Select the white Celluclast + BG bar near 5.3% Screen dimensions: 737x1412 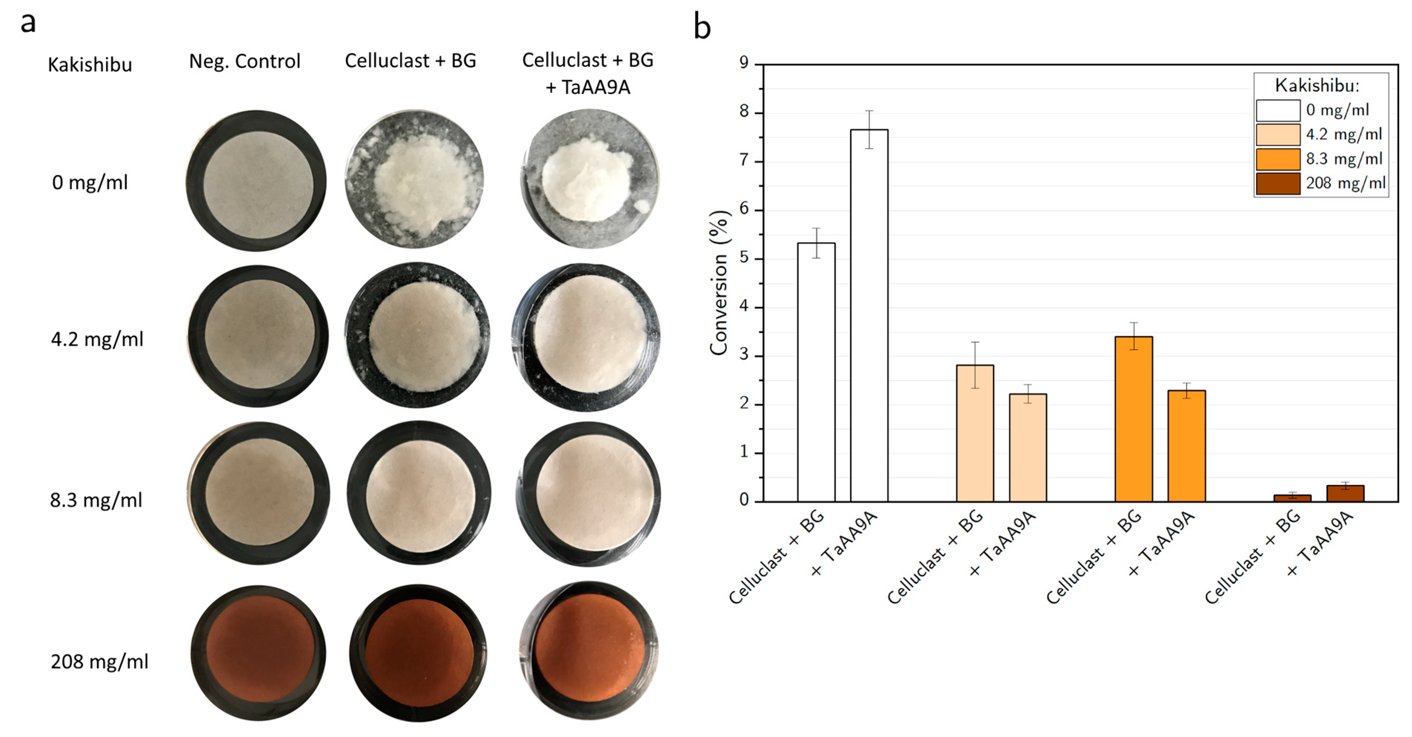[x=816, y=373]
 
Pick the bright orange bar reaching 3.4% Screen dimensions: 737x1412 [x=1133, y=419]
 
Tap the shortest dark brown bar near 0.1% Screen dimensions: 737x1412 [x=1292, y=498]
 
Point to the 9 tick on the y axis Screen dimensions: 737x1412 [x=744, y=63]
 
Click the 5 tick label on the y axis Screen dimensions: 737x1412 [x=744, y=257]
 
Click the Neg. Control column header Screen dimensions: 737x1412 [x=245, y=61]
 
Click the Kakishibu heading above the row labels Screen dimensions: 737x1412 [x=90, y=65]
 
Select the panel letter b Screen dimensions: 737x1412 [x=702, y=27]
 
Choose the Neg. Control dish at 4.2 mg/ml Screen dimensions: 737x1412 [x=258, y=336]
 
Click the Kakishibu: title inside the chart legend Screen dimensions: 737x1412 [x=1317, y=86]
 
